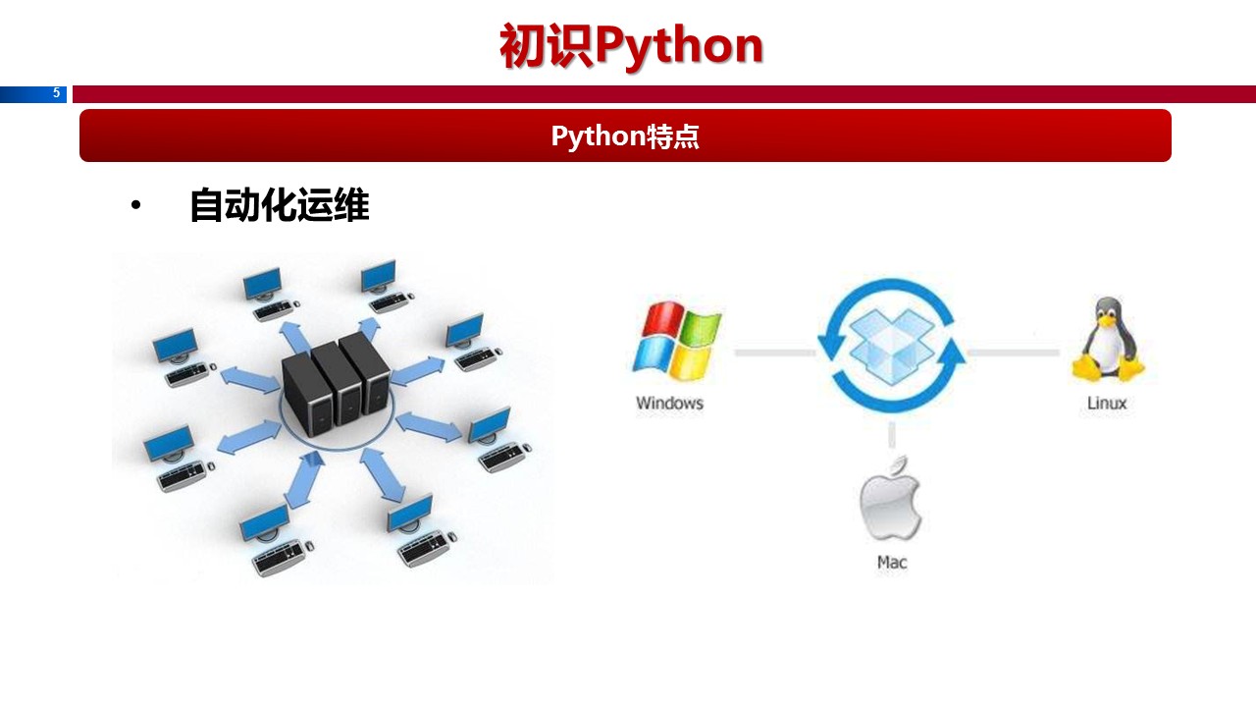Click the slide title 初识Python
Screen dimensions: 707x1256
pos(631,46)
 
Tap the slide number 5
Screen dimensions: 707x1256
pos(56,93)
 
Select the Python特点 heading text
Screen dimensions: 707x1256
pos(625,136)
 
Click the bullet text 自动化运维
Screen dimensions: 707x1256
pos(279,206)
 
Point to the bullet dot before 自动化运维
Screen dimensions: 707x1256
pos(135,206)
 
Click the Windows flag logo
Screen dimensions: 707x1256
pos(675,341)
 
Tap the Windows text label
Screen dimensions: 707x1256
pos(669,403)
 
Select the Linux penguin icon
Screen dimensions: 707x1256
pos(1108,340)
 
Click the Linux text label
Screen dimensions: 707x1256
pos(1107,403)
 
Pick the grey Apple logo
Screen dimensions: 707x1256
pos(891,498)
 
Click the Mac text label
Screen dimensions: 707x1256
pos(892,562)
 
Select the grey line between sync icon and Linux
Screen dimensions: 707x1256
pos(1013,352)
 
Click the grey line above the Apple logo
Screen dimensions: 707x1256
pos(892,434)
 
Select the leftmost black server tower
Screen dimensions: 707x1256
pos(305,393)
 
